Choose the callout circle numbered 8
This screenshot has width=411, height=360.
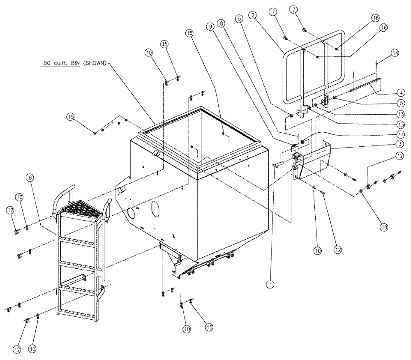tap(222, 25)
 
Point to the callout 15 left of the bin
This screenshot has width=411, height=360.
tap(71, 117)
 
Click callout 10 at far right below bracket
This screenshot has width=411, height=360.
tap(383, 226)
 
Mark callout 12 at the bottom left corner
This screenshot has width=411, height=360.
tap(16, 349)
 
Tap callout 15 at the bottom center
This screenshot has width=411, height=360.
tap(209, 327)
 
